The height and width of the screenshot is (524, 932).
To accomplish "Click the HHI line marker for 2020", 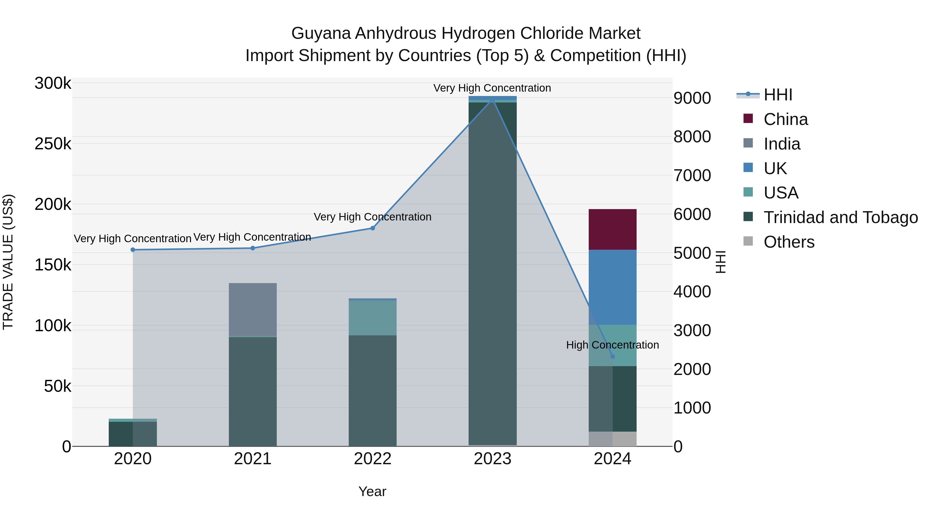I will [x=133, y=249].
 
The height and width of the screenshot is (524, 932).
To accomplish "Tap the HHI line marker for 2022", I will [x=373, y=228].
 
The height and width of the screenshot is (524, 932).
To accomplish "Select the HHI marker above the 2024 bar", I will [x=613, y=356].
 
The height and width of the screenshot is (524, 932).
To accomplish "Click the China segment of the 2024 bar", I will [x=613, y=229].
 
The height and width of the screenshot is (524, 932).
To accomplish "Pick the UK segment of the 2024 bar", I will [x=613, y=287].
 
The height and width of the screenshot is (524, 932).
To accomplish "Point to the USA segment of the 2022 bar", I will [x=373, y=318].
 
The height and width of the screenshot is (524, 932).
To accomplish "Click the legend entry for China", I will [x=785, y=119].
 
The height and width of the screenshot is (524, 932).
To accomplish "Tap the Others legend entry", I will [x=789, y=242].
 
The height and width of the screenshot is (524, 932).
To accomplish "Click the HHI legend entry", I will [x=778, y=95].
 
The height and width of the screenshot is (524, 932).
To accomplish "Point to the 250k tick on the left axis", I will [x=53, y=144].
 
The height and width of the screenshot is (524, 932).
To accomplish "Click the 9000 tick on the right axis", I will [x=692, y=98].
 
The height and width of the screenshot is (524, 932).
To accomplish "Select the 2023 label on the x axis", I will [x=492, y=459].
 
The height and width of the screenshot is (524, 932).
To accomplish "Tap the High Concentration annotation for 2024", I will [x=613, y=345].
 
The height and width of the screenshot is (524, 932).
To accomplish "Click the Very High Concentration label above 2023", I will [x=492, y=88].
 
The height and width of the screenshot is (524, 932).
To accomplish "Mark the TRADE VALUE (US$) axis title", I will [x=8, y=262].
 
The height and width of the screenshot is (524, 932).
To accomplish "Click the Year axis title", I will [x=372, y=491].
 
